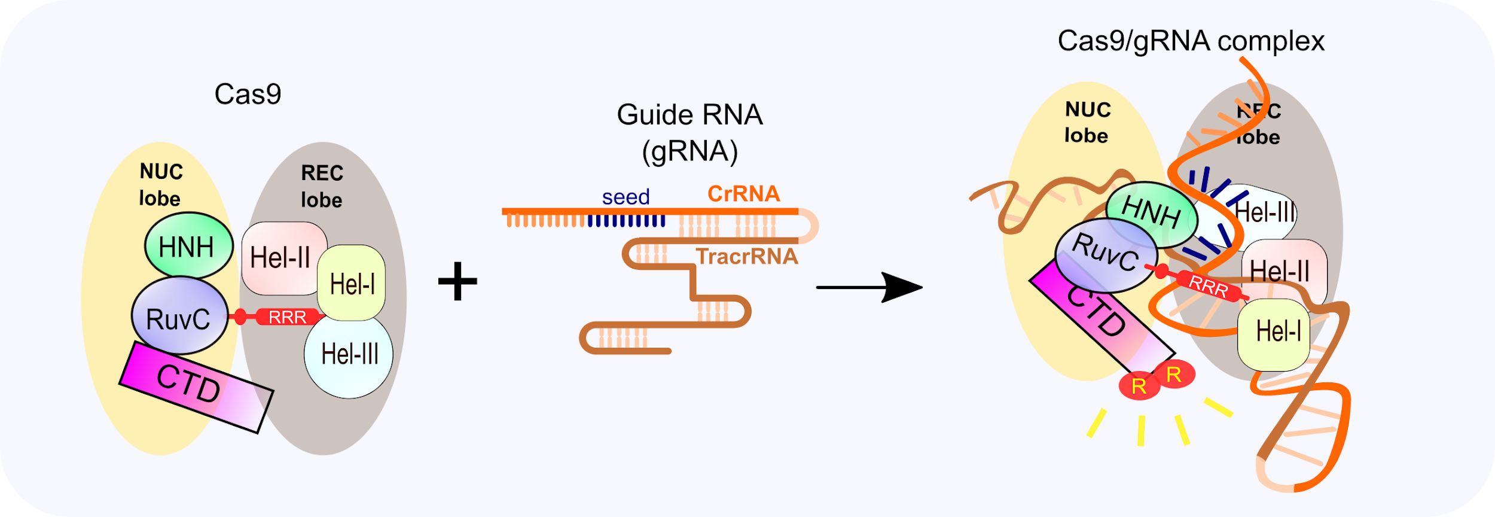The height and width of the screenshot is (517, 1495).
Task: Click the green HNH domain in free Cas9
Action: [188, 246]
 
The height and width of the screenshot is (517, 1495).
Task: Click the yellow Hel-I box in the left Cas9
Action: [352, 284]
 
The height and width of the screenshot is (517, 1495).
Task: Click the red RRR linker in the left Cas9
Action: [287, 317]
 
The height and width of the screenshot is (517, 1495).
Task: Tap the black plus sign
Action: [457, 281]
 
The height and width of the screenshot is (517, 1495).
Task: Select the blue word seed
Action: [626, 197]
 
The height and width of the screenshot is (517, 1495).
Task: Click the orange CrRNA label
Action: [743, 194]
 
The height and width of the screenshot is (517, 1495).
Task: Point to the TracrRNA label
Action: [747, 257]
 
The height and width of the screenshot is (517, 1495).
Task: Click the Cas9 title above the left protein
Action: [248, 94]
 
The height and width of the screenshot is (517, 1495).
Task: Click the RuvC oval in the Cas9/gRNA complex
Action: [1105, 254]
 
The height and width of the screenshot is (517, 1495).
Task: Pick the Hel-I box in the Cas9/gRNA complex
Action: [1274, 333]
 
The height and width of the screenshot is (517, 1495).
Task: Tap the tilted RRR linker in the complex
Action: [1209, 287]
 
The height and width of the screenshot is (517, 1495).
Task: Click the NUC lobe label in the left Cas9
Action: [160, 185]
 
